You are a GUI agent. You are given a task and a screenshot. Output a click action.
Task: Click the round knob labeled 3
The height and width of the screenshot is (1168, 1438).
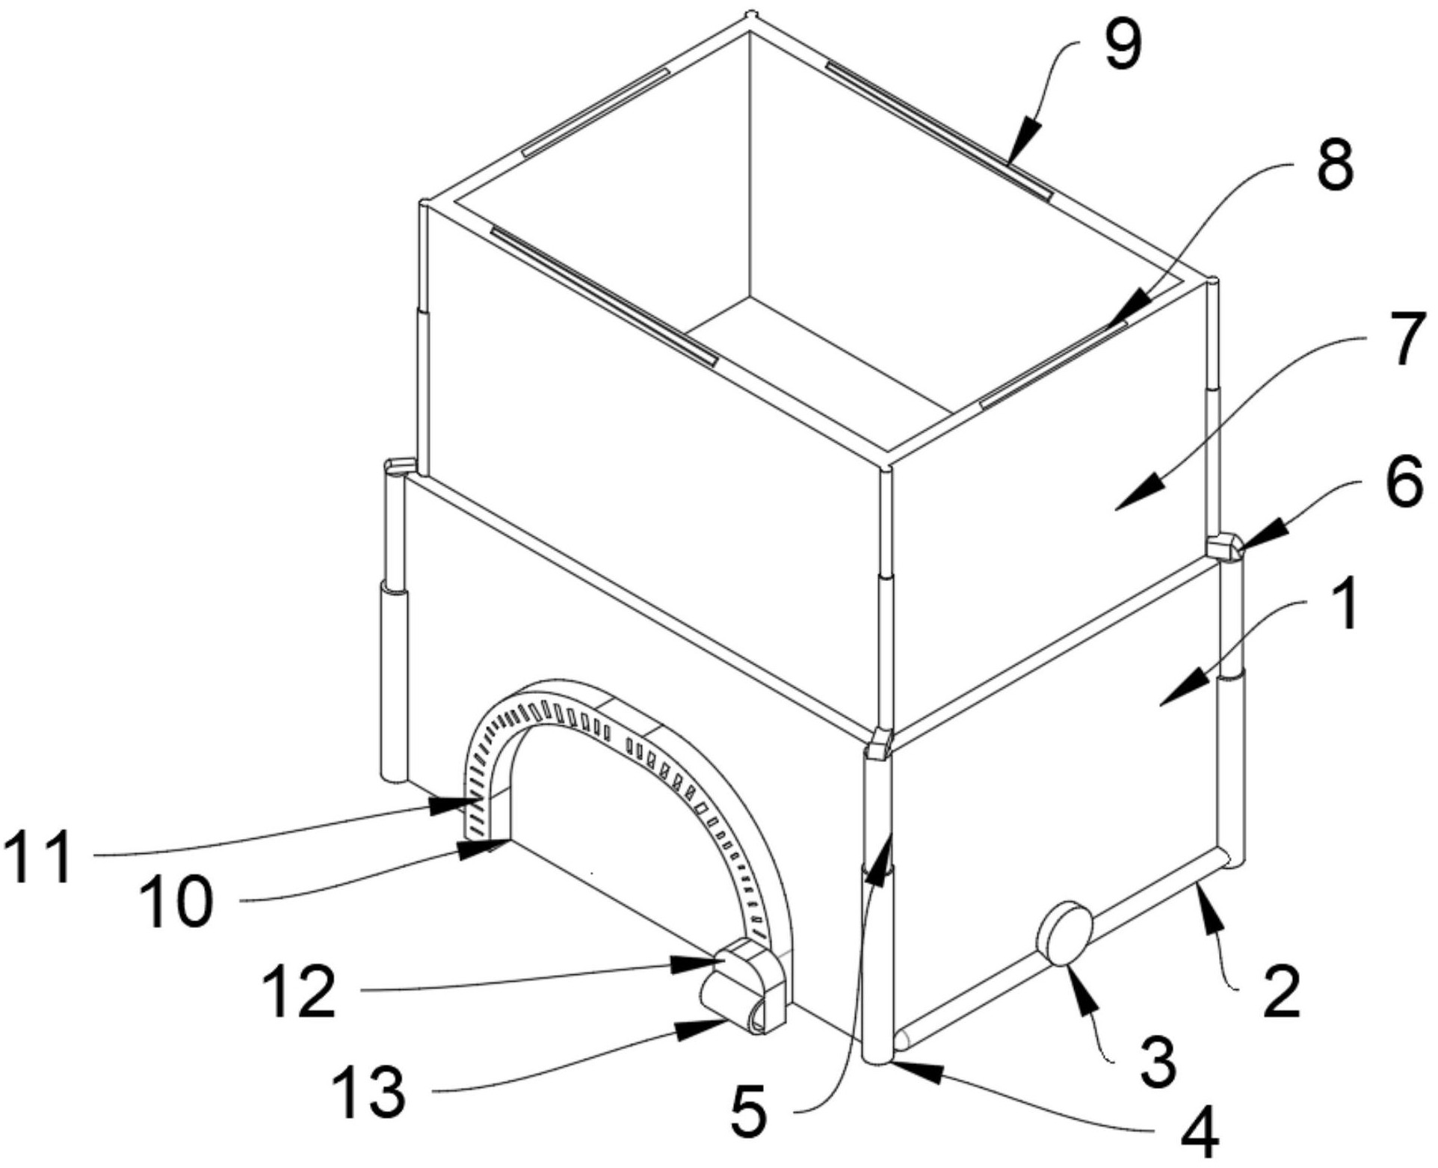(x=1063, y=935)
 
